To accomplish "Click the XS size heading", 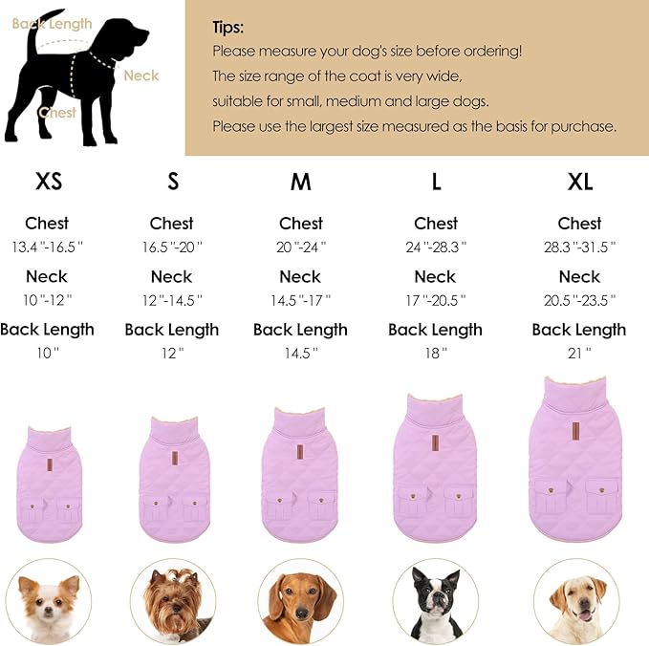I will [49, 182].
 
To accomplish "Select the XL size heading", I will [579, 182].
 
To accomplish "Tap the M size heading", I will [300, 182].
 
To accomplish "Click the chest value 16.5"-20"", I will [171, 247].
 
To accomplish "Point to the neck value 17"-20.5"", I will [435, 300].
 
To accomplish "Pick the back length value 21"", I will [579, 353].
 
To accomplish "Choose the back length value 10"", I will [47, 353].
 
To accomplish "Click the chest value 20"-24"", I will [300, 247].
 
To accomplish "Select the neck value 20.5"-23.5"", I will [579, 300].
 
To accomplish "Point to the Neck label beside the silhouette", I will [141, 75].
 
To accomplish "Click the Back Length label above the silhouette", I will [52, 24].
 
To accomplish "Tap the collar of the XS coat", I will [48, 439].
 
